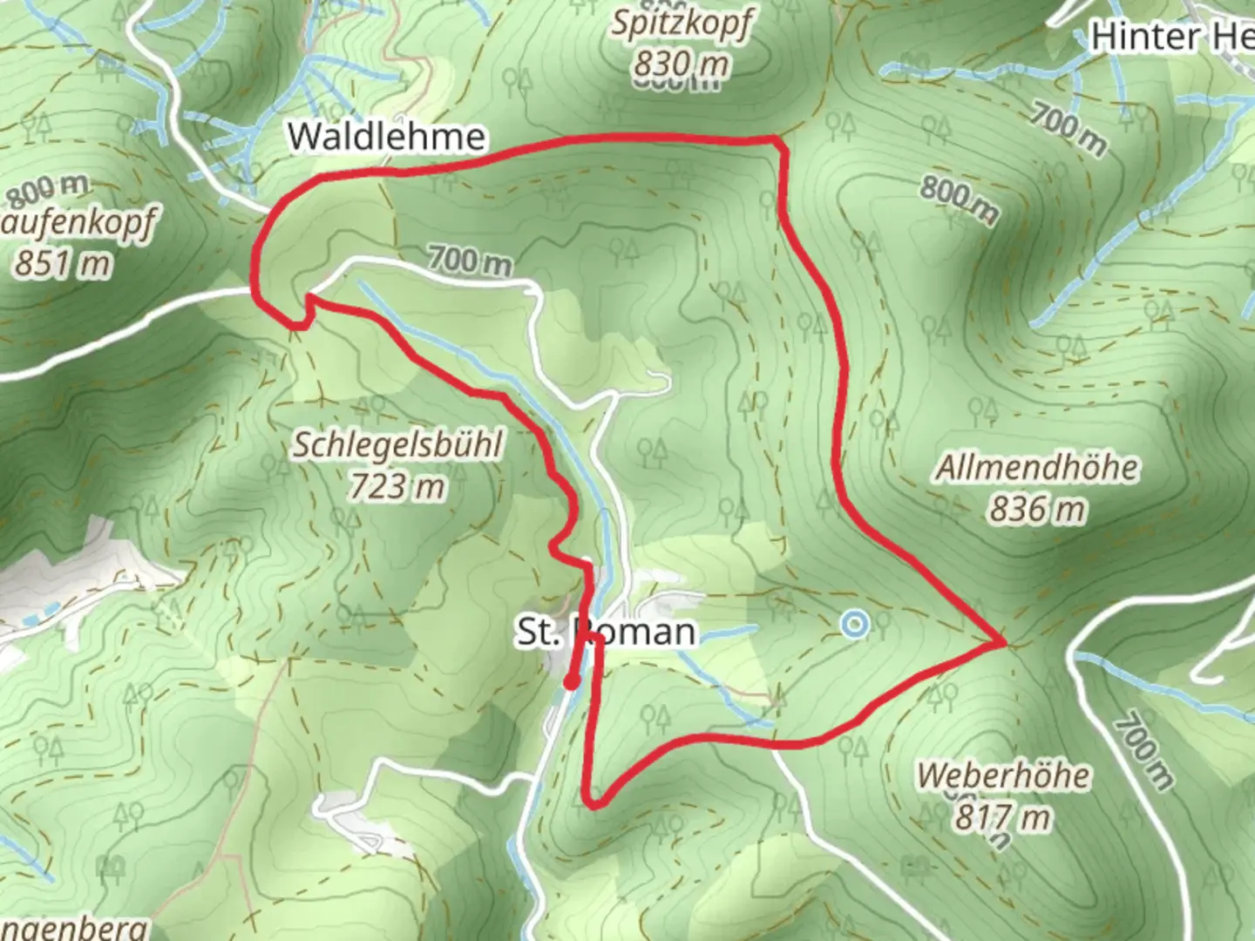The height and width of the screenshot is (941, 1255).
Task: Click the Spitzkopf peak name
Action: coord(681,23)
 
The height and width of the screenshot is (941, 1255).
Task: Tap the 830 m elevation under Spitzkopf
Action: coord(681,63)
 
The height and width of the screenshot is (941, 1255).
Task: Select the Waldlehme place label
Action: coord(386,137)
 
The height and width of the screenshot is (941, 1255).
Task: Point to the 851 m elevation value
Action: coord(63,262)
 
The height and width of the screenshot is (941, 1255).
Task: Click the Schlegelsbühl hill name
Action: coord(397,444)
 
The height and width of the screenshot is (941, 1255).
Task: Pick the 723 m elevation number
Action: coord(397,486)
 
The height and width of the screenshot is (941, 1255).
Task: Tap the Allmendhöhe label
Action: coord(1036,468)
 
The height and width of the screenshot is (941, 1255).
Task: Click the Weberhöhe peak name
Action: coord(1003,775)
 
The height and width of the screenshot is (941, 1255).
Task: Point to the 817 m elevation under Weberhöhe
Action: coord(1003,817)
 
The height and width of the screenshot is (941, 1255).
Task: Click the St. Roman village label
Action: coord(607,632)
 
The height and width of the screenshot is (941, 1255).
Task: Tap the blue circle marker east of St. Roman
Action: coord(855,624)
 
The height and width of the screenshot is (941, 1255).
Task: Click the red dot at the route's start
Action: coord(571,682)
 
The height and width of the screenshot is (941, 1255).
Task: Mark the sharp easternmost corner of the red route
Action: coord(1004,643)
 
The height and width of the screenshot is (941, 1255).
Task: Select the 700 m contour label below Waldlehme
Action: coord(469,261)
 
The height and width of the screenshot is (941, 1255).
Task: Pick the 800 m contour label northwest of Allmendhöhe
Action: coord(960,200)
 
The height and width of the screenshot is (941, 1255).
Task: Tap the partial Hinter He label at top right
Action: coord(1171,37)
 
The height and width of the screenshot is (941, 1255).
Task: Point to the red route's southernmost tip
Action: coord(594,804)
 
